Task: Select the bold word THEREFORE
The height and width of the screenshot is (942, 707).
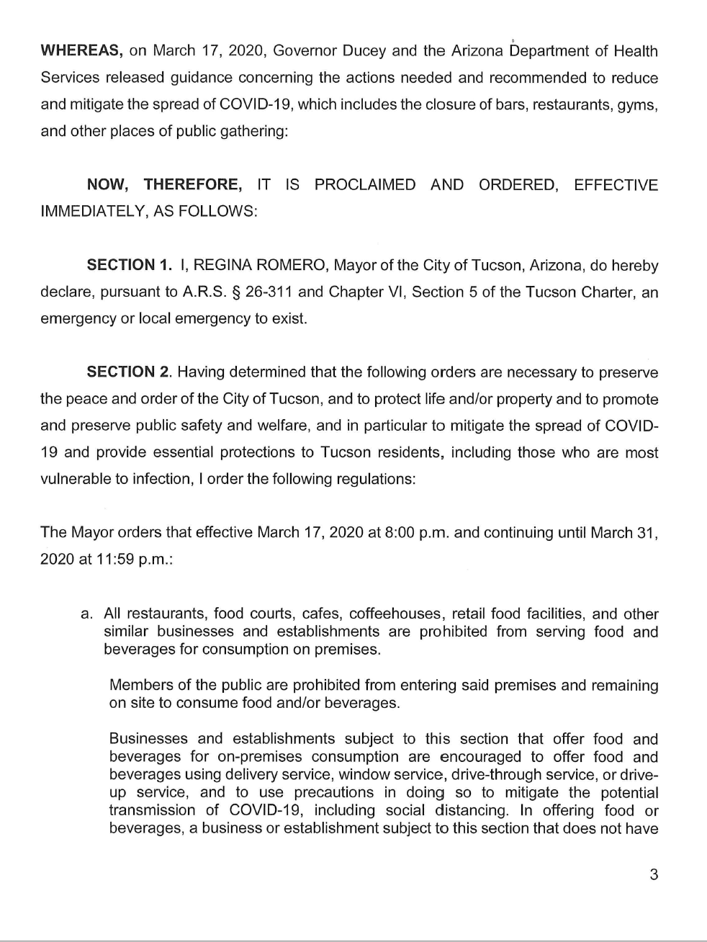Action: point(193,185)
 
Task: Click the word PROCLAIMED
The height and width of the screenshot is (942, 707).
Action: point(365,185)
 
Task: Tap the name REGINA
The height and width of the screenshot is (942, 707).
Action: point(224,266)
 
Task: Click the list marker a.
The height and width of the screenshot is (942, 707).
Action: point(87,614)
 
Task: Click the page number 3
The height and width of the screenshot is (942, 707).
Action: point(654,876)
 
